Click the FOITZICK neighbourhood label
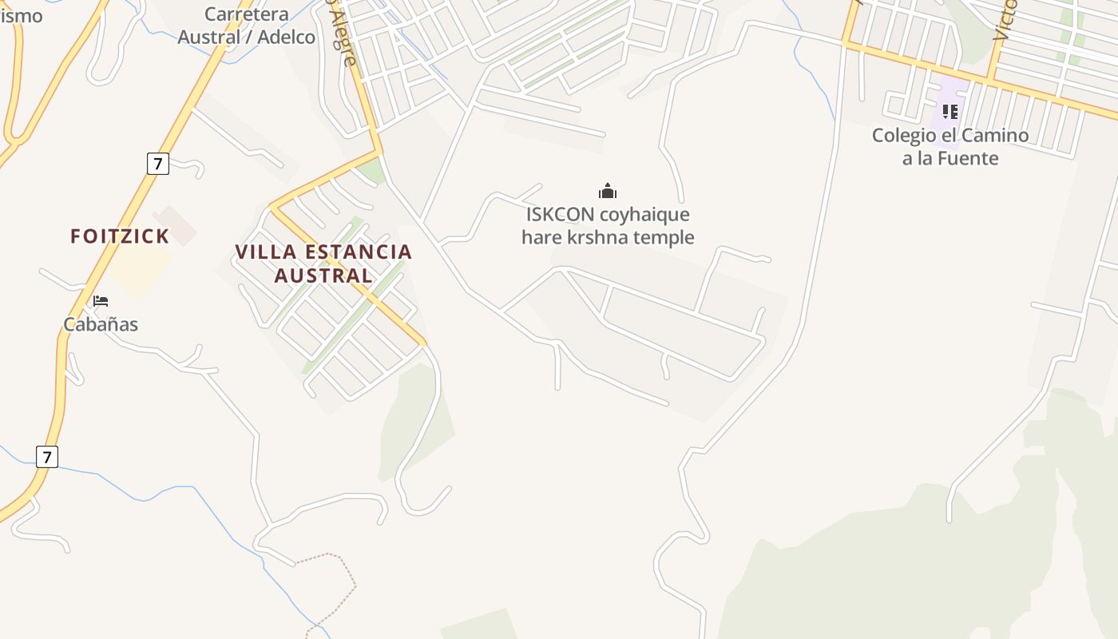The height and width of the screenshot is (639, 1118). (x=120, y=236)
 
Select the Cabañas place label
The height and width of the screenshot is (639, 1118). (x=101, y=324)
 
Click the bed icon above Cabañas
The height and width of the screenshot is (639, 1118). (x=101, y=301)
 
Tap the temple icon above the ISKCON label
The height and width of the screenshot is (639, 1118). (x=608, y=191)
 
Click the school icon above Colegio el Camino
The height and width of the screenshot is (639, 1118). (x=950, y=112)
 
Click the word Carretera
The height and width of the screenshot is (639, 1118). (x=246, y=14)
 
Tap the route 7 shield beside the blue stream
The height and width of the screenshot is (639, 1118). (x=47, y=457)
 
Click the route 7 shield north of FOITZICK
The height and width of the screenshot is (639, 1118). (x=158, y=164)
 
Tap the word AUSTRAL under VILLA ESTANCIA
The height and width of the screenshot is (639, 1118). (x=323, y=276)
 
